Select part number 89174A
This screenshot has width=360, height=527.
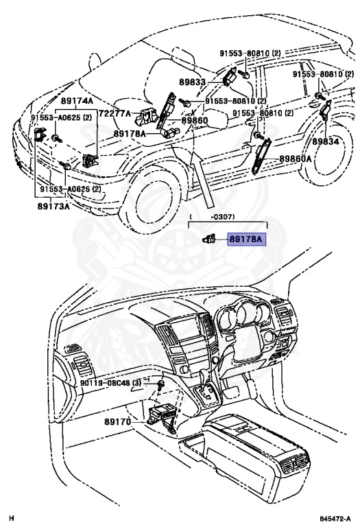point(76,100)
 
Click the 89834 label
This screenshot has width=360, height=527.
point(326,141)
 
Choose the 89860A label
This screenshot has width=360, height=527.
point(296,159)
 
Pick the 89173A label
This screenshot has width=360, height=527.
point(53,204)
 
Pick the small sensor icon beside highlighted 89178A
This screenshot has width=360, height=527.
point(209,239)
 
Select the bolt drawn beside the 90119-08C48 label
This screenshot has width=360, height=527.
point(160,385)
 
